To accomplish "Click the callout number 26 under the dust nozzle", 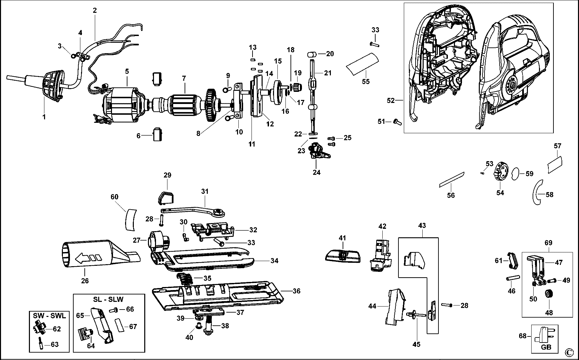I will click(85, 281).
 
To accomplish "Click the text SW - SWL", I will click(49, 316).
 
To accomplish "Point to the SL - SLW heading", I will click(109, 299).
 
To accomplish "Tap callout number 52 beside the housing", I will click(390, 100).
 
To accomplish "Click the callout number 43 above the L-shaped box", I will click(422, 225).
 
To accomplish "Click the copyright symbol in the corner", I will click(569, 352).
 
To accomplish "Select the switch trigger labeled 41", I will click(343, 256).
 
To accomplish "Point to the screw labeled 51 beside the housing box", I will click(397, 122).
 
